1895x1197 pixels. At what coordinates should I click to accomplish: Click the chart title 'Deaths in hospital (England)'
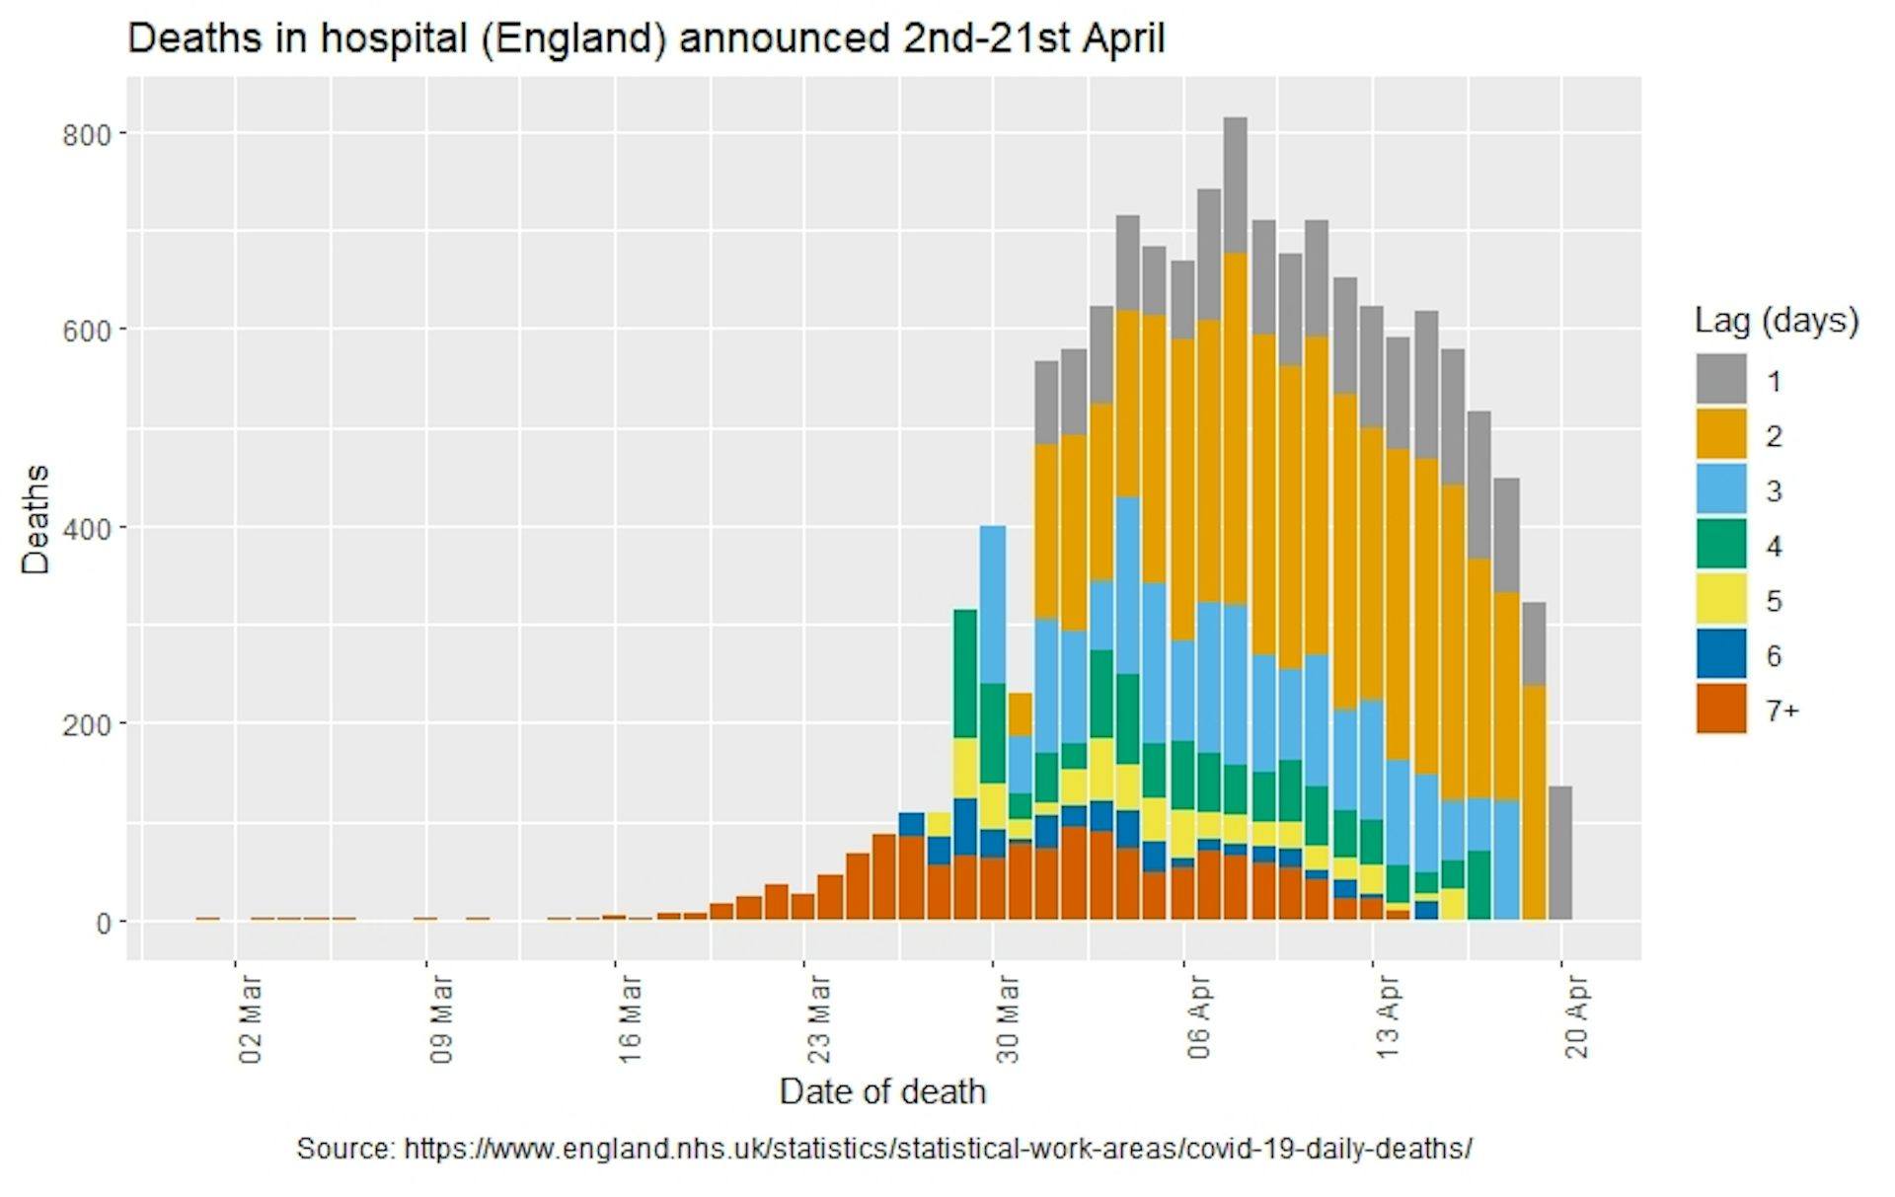point(645,39)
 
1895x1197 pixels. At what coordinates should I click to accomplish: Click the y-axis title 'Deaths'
point(36,519)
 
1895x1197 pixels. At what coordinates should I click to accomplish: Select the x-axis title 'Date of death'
point(881,1091)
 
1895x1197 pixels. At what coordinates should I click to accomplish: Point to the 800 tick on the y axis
point(87,134)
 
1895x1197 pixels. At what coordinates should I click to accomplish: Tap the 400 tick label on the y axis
point(87,529)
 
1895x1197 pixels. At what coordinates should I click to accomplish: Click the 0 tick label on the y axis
point(103,924)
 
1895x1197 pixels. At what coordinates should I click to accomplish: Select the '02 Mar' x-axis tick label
point(251,1019)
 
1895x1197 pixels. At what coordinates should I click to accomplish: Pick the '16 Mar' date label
point(630,1019)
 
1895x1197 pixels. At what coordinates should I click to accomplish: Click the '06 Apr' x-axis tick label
point(1198,1017)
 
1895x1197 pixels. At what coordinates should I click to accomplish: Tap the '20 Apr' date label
point(1576,1017)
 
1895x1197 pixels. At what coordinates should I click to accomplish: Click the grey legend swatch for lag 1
point(1720,380)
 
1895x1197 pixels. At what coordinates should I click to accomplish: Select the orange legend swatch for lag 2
point(1720,435)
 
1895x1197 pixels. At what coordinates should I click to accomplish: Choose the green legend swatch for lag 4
point(1720,545)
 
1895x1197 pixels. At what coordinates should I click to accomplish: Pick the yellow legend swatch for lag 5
point(1720,600)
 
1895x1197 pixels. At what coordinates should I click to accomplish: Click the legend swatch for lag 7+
point(1720,710)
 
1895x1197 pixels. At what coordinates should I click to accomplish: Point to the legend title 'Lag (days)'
point(1776,321)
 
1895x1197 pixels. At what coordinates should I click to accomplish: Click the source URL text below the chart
point(883,1149)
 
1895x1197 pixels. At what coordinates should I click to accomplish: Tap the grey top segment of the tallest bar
point(1235,185)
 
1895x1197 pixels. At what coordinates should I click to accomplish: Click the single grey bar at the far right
point(1559,853)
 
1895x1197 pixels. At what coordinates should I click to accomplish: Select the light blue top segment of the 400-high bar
point(993,604)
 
